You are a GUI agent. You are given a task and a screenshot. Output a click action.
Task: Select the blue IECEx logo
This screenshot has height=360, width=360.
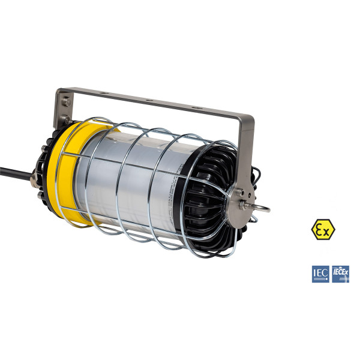coord(340,274)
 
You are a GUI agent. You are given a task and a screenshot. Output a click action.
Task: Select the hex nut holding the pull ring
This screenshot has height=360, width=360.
coord(247,203)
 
